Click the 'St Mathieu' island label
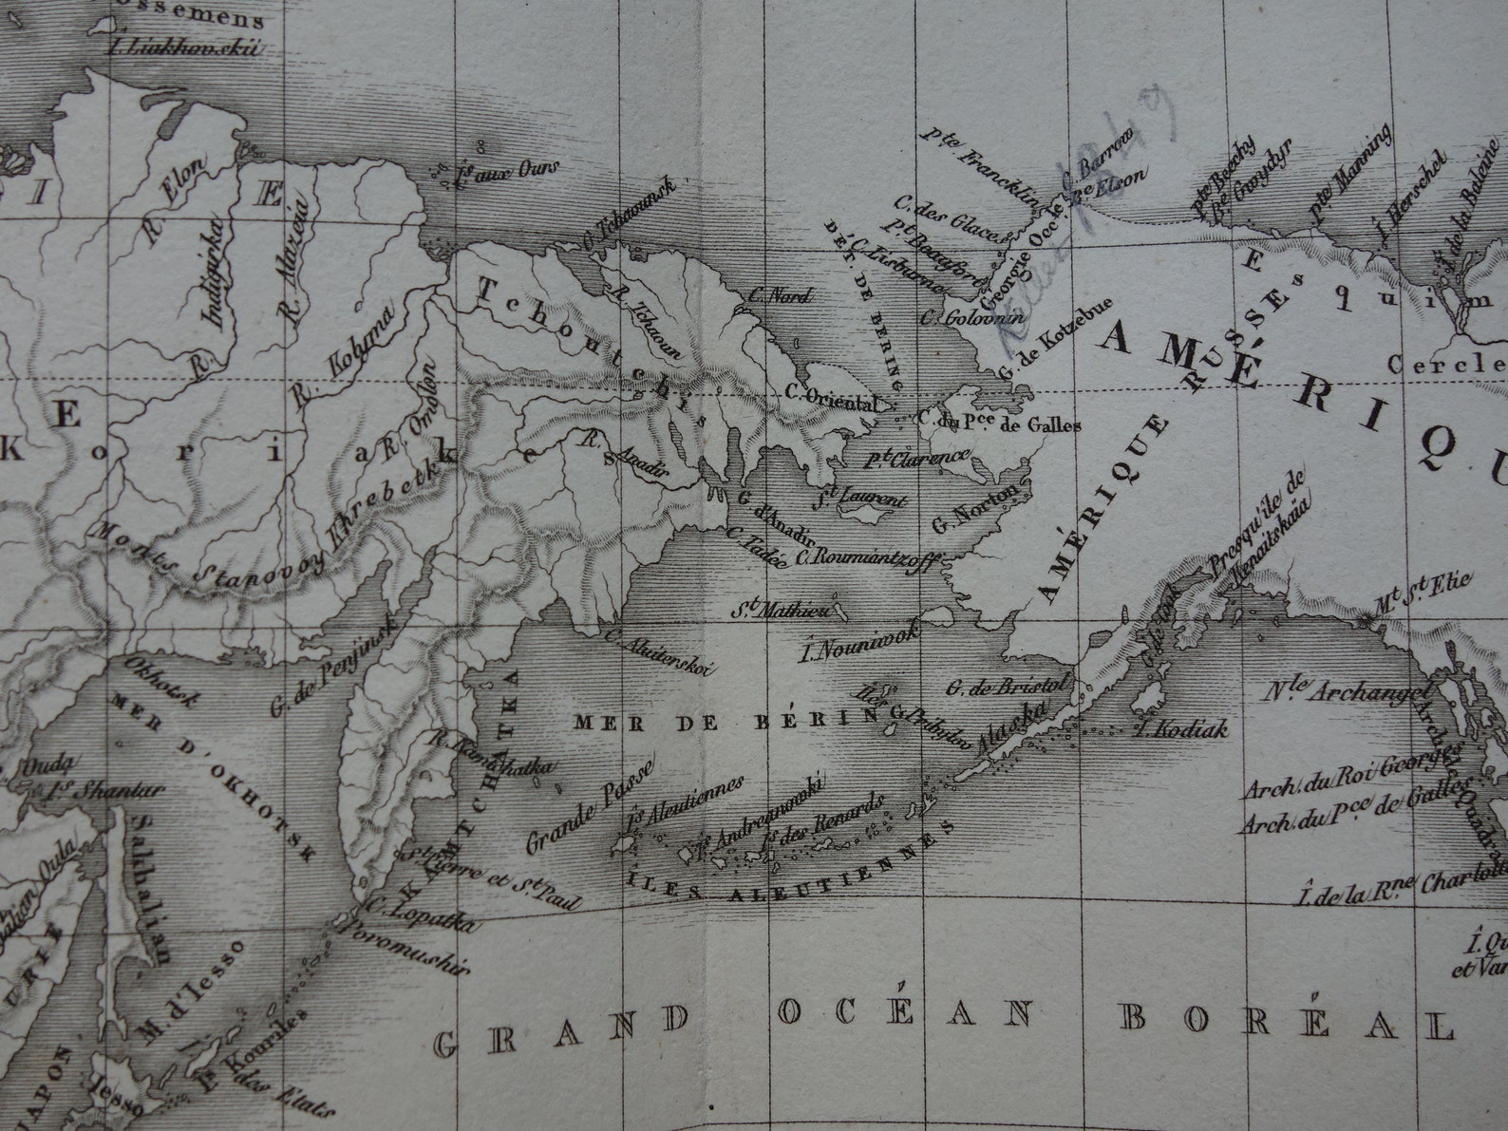pyautogui.click(x=781, y=605)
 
